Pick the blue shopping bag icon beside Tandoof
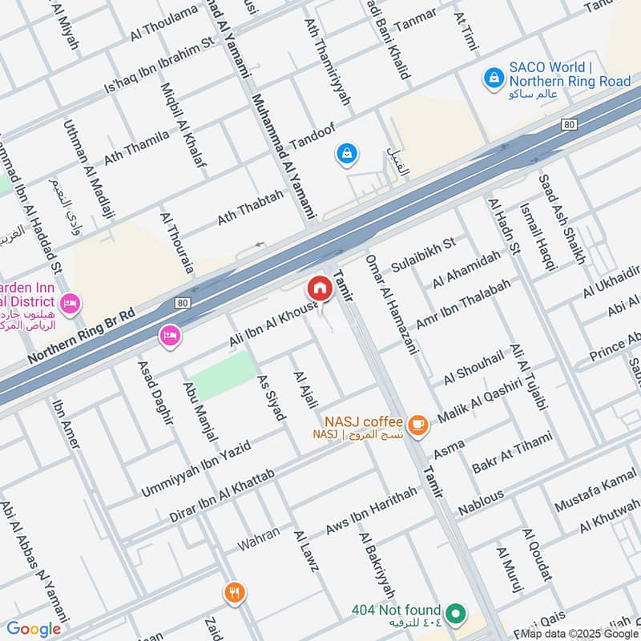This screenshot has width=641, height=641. [x=347, y=152]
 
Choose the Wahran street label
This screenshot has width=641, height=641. [x=259, y=538]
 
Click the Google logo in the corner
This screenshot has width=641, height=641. [x=33, y=629]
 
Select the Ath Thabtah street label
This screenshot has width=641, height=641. [x=250, y=208]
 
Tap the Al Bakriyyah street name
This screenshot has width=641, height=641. [x=377, y=566]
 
